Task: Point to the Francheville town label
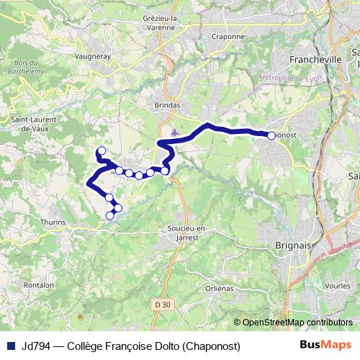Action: pos(317,60)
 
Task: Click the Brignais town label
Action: pos(293,246)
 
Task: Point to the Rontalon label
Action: pos(39,284)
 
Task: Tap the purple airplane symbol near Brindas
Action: pos(176,132)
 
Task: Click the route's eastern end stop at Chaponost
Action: pos(271,135)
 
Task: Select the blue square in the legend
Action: pos(10,345)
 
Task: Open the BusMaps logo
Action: pos(326,345)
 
